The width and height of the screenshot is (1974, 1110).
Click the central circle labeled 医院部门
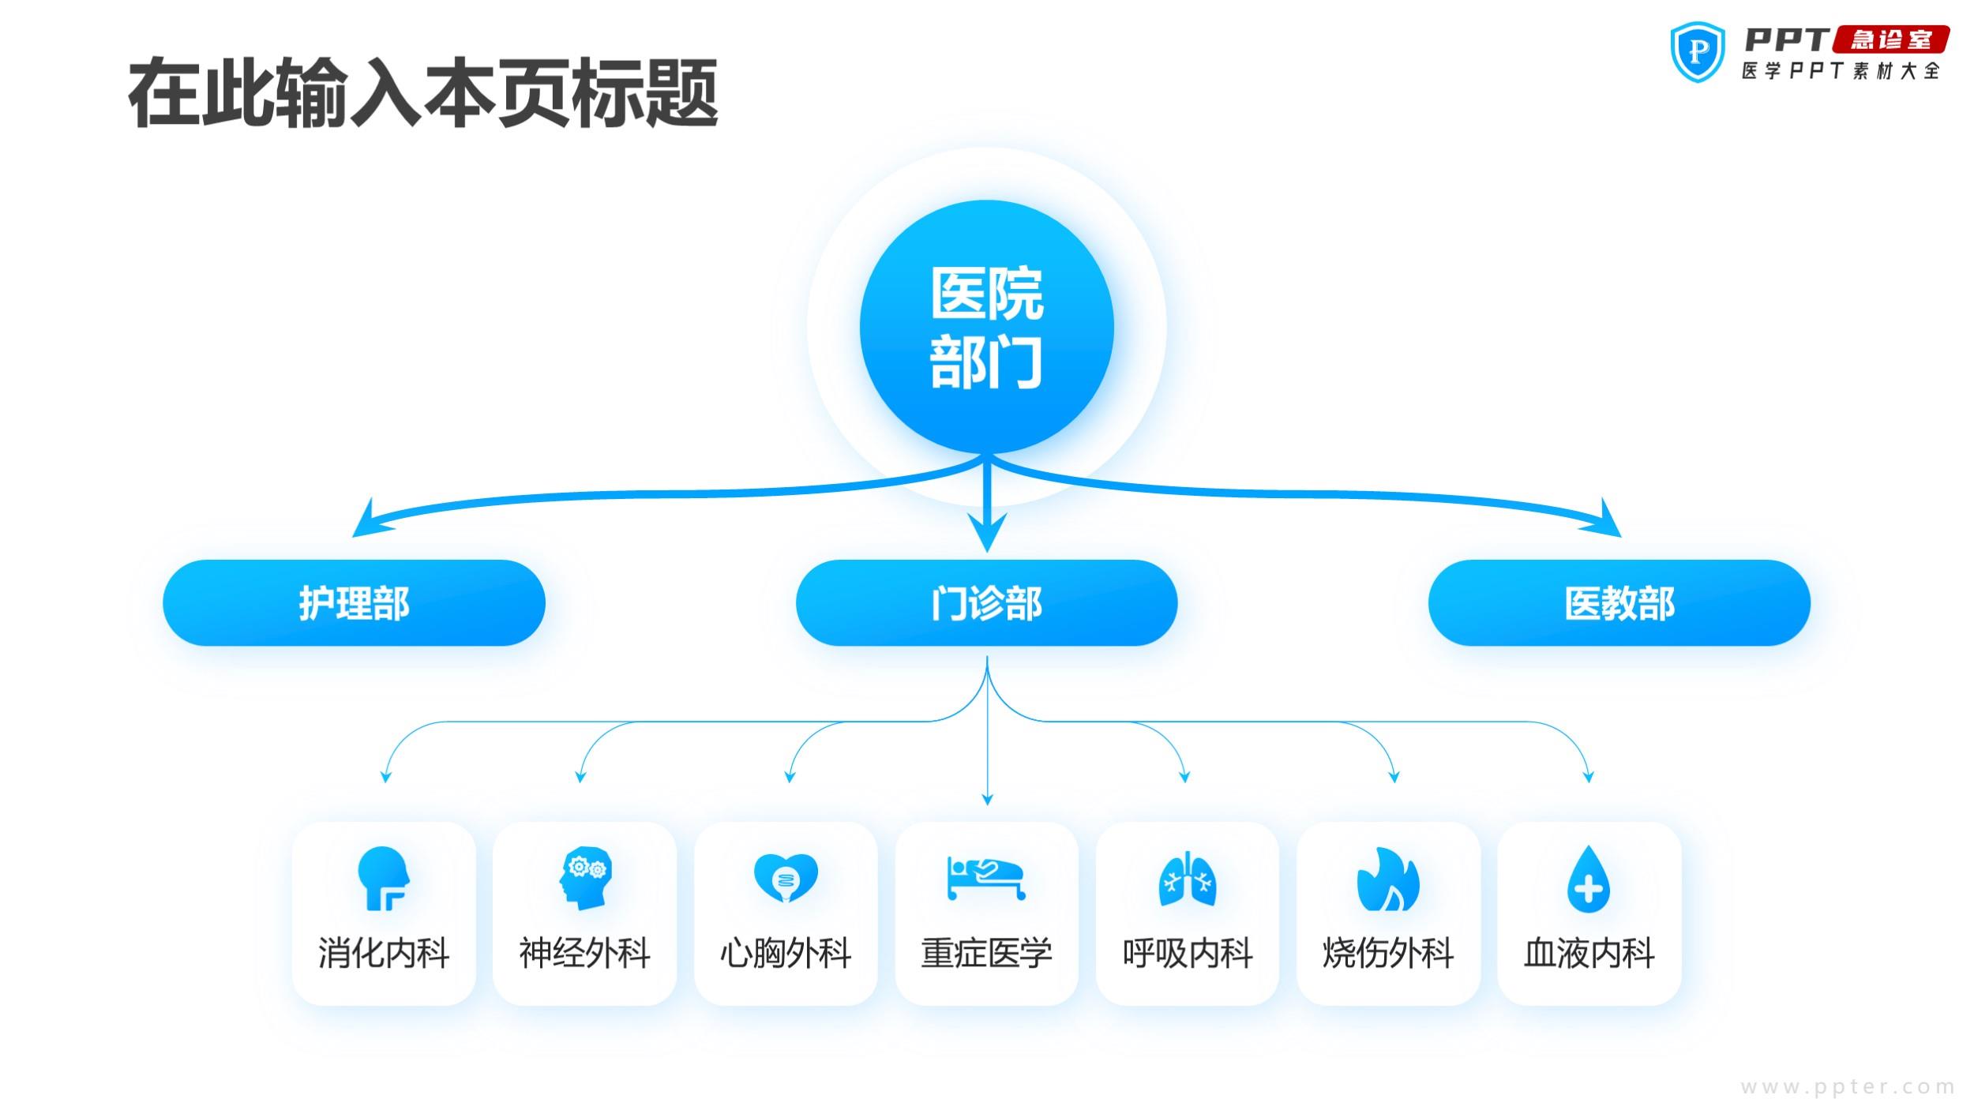[986, 327]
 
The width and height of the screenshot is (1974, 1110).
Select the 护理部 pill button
[354, 603]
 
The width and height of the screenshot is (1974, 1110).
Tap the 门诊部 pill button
[986, 603]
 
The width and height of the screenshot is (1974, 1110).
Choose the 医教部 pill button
[1619, 603]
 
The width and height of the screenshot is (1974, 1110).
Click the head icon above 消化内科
[384, 879]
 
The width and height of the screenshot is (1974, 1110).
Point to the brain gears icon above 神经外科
[585, 879]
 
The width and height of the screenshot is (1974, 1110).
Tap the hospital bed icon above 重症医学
[986, 879]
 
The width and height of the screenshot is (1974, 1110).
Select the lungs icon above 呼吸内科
[1188, 879]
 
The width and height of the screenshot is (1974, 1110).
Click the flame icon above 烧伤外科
[1388, 879]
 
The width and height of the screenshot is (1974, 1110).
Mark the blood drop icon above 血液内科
[1589, 879]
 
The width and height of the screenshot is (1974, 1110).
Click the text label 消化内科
[384, 953]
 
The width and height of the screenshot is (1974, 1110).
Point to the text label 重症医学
[986, 953]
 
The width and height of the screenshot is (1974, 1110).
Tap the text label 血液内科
[1589, 953]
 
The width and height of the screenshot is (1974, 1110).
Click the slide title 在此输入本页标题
[423, 93]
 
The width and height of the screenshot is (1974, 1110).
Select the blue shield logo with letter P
[1698, 52]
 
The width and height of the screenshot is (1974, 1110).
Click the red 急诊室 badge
[1891, 39]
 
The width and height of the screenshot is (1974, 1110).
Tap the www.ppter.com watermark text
[1848, 1087]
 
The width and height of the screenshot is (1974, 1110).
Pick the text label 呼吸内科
[1188, 953]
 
